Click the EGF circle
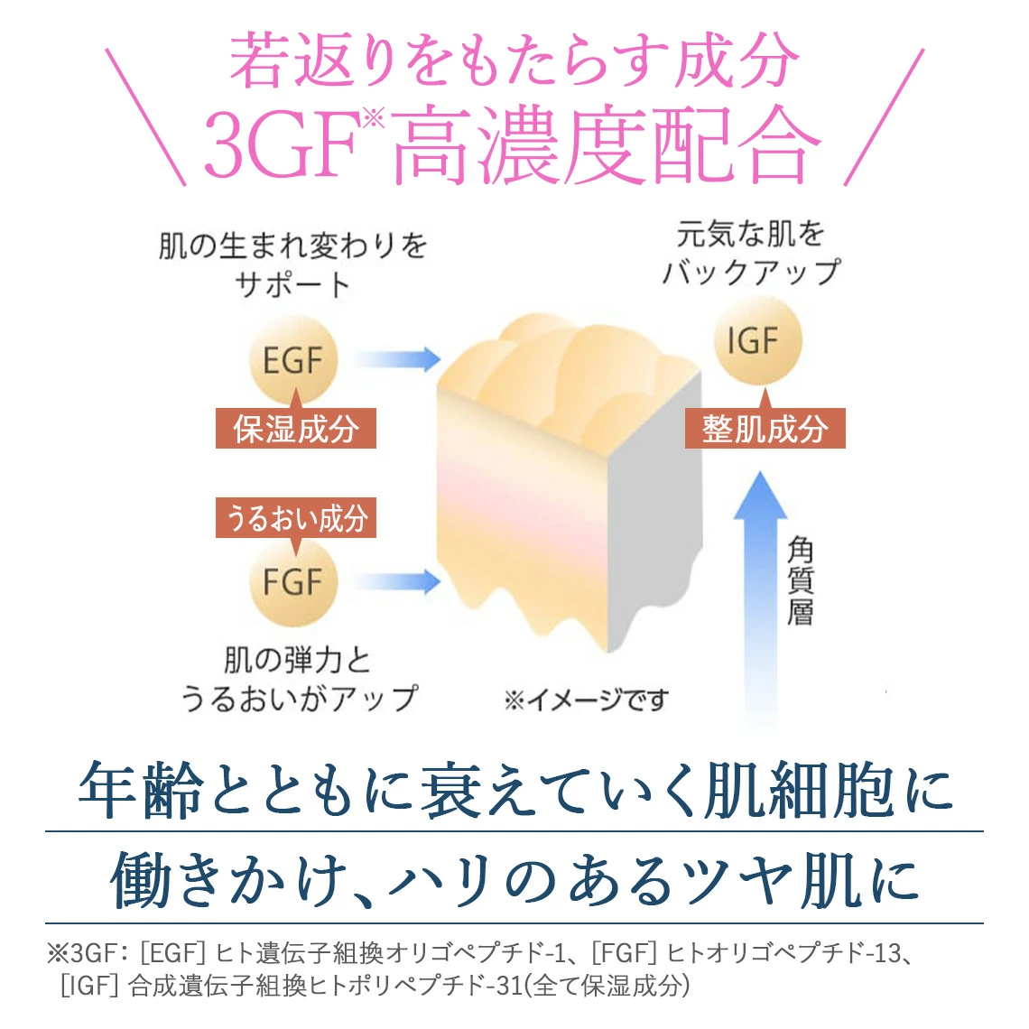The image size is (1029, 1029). (293, 359)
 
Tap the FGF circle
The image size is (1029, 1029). (293, 581)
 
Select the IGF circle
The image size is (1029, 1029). (758, 340)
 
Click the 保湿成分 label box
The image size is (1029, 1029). (296, 429)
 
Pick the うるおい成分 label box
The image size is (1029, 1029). (296, 518)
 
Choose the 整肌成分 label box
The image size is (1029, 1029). (765, 429)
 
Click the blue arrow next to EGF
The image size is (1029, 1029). (397, 359)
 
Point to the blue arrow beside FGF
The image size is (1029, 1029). (397, 581)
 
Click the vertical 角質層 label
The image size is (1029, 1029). (801, 580)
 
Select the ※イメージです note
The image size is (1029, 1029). (587, 700)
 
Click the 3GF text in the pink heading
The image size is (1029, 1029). (284, 145)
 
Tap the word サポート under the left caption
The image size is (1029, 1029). (292, 285)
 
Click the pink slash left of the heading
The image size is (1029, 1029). (145, 116)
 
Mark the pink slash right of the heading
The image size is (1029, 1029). (884, 116)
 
